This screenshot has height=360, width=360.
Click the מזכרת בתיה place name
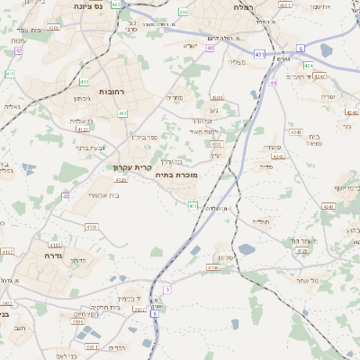point(175,175)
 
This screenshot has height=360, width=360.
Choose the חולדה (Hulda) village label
point(261,221)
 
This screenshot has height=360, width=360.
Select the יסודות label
point(228,256)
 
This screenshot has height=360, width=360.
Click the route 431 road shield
point(259,55)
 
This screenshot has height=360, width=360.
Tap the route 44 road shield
point(272,84)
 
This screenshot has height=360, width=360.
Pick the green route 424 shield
point(309,66)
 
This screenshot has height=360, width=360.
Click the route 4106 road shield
point(213,267)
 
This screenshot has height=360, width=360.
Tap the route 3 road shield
point(166,289)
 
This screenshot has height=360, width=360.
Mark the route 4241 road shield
point(328,206)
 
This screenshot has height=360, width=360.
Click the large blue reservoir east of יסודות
point(247,249)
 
